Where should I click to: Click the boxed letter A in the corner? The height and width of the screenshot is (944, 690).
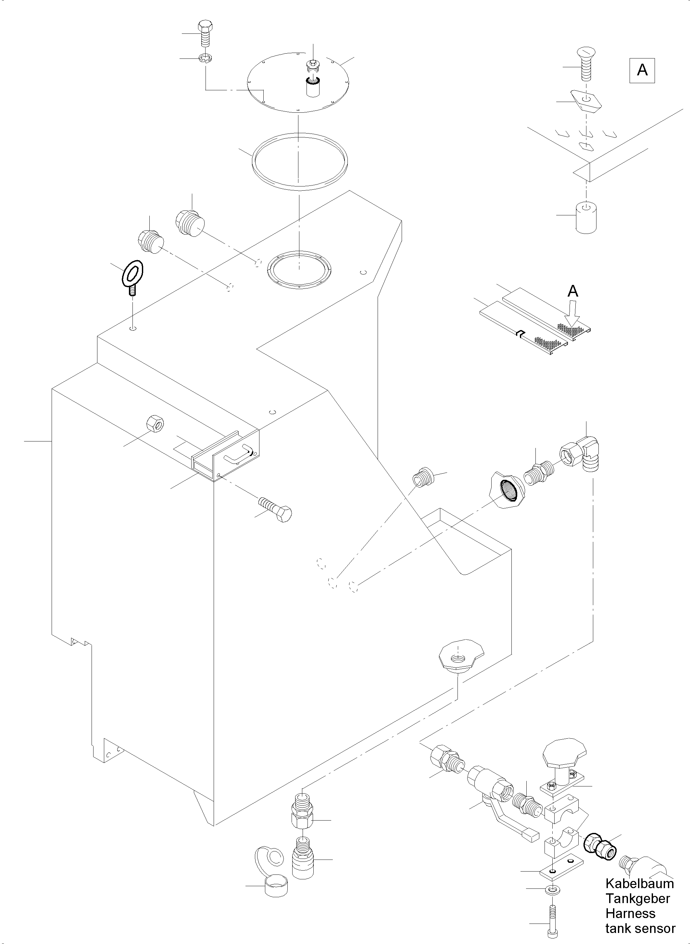[642, 70]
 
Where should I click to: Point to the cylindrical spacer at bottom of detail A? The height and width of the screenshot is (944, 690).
[586, 217]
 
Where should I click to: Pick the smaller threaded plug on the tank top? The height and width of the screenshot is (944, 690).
[150, 242]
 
